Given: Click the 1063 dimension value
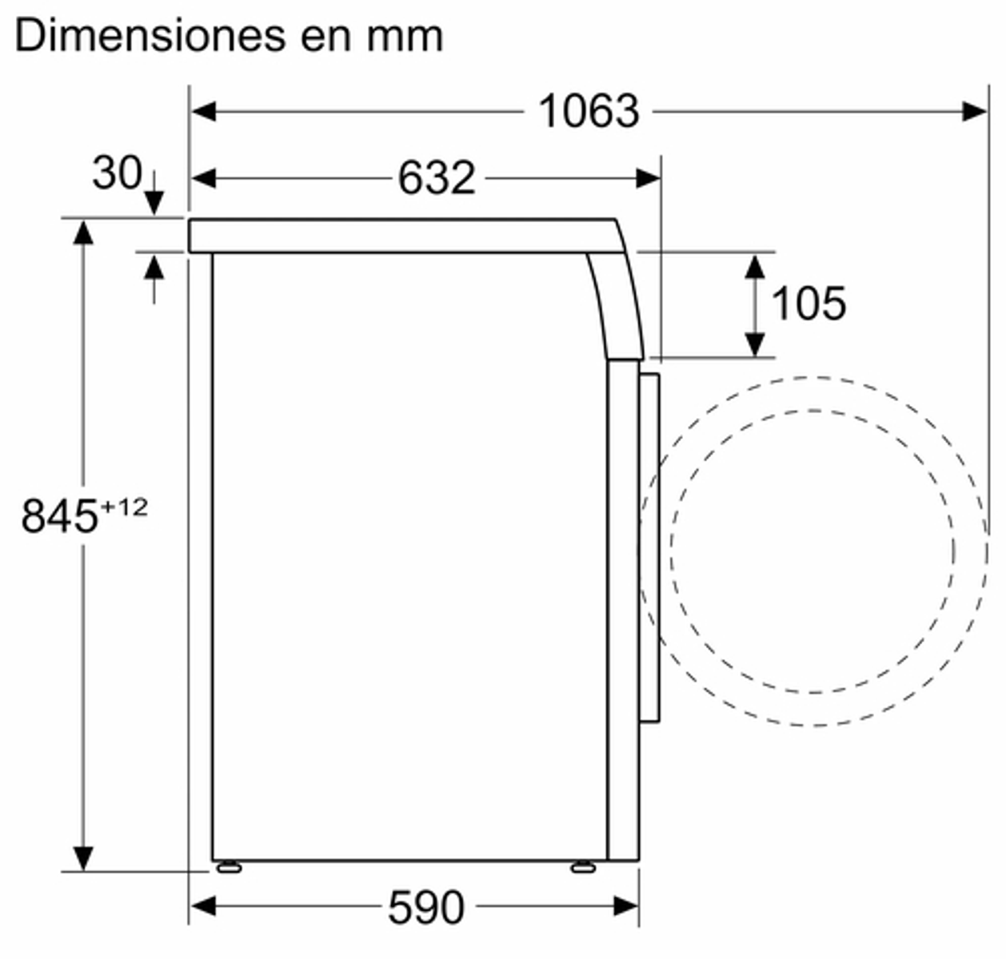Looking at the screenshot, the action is (589, 112).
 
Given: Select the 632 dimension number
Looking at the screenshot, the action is (437, 178).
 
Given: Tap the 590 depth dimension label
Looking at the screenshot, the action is (425, 907).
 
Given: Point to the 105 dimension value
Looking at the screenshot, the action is (808, 304).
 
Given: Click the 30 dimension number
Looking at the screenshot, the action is (118, 173).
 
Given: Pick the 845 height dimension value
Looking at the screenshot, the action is (59, 516).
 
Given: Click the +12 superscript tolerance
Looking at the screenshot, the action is (124, 508).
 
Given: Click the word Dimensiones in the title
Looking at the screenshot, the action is (150, 36).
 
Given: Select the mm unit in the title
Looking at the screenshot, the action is (405, 39).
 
